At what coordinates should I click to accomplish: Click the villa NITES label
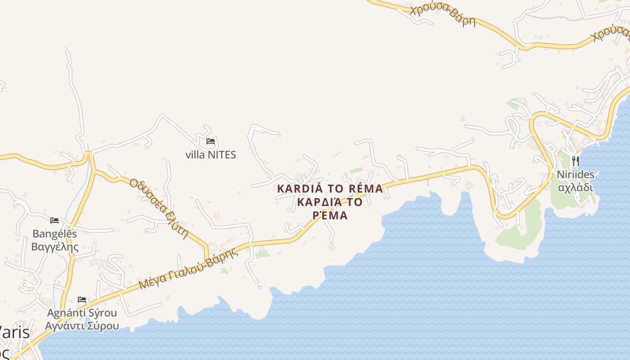211,155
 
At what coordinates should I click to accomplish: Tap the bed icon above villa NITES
210,141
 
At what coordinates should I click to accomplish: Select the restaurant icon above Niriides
575,161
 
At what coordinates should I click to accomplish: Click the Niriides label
576,175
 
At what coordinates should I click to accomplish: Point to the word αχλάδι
576,187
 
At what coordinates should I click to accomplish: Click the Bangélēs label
55,234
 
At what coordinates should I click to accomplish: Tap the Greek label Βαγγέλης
55,247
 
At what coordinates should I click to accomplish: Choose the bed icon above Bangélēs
54,220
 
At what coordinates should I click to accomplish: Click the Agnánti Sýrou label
82,313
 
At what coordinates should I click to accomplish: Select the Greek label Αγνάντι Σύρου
82,326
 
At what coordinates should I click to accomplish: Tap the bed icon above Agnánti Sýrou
82,300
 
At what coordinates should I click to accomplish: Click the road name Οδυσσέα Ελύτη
158,208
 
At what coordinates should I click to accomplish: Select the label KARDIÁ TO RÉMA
330,189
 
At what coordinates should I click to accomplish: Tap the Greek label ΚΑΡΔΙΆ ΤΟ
330,202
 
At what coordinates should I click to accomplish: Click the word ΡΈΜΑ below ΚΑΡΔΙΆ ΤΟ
330,216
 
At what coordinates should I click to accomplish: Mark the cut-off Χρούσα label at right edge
611,32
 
